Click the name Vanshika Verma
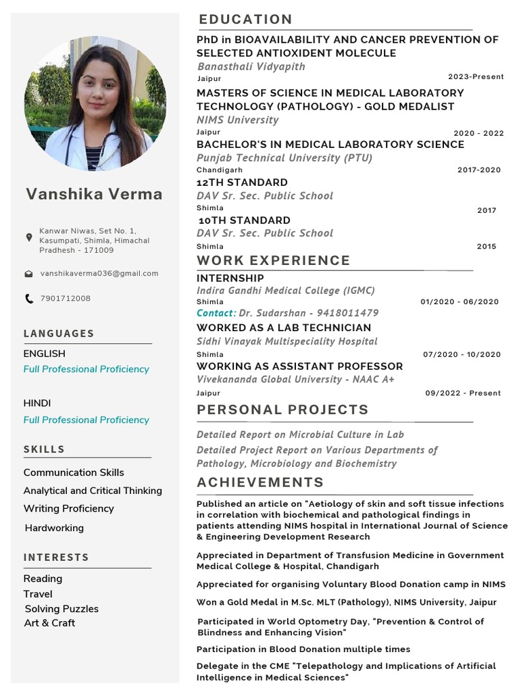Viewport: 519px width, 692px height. click(94, 195)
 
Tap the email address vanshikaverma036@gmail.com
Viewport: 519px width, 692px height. click(99, 274)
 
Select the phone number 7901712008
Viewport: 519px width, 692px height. click(65, 298)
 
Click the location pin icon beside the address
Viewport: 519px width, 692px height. click(28, 237)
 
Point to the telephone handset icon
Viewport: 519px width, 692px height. click(28, 298)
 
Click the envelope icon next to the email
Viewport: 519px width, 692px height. click(28, 274)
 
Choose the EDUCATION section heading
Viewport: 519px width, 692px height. click(245, 19)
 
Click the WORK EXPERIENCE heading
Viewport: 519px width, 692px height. click(273, 260)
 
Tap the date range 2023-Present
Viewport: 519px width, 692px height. click(476, 77)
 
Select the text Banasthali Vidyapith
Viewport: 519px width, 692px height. click(251, 66)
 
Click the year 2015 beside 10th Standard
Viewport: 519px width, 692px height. click(486, 247)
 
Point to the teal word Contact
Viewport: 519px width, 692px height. click(215, 313)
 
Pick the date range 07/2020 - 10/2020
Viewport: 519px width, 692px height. click(462, 355)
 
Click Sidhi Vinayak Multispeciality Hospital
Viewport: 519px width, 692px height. click(287, 341)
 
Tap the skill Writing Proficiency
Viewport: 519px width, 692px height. click(68, 508)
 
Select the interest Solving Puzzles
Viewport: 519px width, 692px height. click(61, 609)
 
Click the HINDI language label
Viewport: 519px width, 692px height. click(37, 403)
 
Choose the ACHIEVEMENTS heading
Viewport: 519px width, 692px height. click(260, 483)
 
